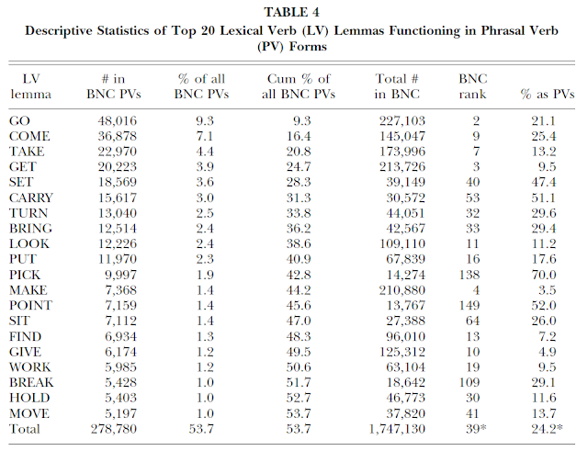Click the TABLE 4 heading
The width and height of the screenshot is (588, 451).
click(x=291, y=12)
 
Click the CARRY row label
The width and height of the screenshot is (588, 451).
click(x=31, y=197)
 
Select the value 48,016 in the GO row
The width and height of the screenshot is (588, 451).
click(x=118, y=120)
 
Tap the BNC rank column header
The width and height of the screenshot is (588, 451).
click(x=472, y=86)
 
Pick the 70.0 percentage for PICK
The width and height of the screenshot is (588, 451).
click(x=543, y=275)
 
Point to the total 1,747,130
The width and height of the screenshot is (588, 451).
click(x=397, y=429)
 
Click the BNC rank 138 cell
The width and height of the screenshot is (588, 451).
click(x=469, y=275)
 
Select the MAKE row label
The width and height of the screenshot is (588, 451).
click(x=28, y=290)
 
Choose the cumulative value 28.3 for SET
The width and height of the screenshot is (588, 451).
click(x=299, y=182)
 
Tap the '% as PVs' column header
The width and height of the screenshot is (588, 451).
click(x=548, y=94)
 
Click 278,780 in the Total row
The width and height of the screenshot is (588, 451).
click(x=114, y=429)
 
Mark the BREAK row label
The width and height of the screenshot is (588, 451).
click(x=31, y=382)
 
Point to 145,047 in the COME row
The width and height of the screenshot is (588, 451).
click(x=402, y=136)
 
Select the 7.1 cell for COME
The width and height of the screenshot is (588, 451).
click(x=205, y=136)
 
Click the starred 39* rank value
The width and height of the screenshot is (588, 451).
click(x=476, y=429)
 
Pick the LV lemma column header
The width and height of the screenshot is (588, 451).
click(x=30, y=86)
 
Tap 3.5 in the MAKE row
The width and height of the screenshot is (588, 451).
click(x=548, y=290)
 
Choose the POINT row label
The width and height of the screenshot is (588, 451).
click(x=30, y=306)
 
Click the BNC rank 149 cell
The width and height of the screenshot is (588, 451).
click(x=469, y=306)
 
